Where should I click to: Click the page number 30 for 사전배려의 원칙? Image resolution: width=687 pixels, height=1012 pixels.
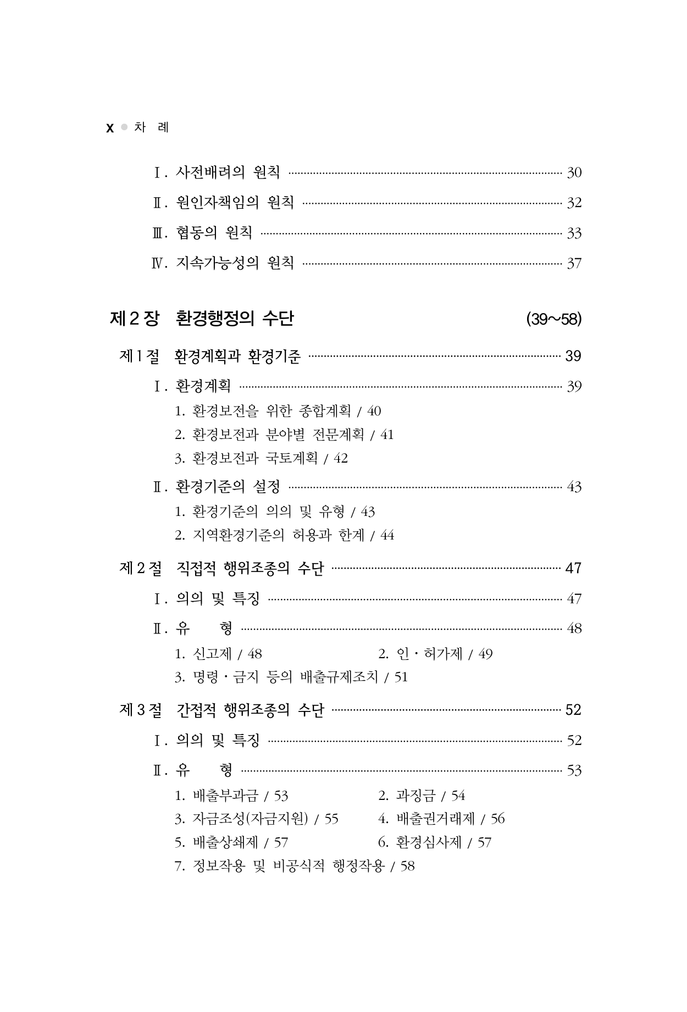(x=574, y=173)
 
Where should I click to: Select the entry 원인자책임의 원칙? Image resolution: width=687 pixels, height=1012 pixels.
(x=235, y=203)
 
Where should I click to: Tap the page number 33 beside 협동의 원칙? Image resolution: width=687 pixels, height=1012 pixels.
(x=574, y=233)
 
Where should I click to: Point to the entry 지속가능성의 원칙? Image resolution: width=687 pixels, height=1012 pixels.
(x=235, y=263)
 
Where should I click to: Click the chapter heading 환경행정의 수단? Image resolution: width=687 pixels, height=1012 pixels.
(x=235, y=319)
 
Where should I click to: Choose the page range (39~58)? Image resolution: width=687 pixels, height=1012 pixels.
(x=553, y=319)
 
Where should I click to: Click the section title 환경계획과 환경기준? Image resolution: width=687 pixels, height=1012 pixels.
(x=237, y=357)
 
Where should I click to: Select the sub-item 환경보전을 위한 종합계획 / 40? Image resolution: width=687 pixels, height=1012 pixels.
(x=278, y=411)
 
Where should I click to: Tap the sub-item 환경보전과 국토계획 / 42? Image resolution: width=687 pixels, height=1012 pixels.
(x=261, y=458)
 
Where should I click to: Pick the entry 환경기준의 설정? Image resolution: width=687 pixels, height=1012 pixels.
(x=228, y=487)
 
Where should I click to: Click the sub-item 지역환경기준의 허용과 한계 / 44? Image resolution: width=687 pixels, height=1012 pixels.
(x=284, y=535)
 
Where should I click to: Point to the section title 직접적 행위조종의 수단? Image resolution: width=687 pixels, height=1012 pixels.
(x=251, y=568)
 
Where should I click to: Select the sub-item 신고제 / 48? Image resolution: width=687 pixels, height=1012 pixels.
(x=218, y=654)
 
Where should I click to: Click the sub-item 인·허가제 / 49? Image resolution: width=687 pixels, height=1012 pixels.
(x=435, y=654)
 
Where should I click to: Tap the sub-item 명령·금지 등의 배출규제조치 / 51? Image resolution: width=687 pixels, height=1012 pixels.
(x=291, y=677)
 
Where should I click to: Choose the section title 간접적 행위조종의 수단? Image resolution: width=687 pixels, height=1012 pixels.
(x=251, y=710)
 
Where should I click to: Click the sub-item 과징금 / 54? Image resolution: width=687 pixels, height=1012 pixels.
(x=422, y=796)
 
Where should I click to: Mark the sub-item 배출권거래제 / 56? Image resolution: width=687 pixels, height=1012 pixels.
(x=441, y=819)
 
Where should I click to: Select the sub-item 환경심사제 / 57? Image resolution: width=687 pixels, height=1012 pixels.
(x=435, y=842)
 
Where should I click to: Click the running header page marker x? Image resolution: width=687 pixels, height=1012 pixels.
(x=110, y=129)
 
